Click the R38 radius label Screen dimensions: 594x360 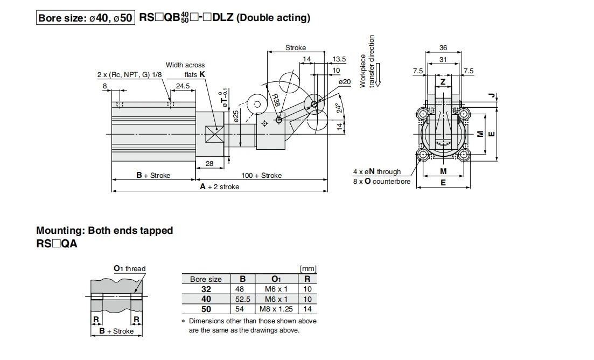[276, 100]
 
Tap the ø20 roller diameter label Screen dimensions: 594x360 [345, 82]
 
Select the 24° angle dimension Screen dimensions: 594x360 [340, 108]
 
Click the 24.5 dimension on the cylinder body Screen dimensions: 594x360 [183, 86]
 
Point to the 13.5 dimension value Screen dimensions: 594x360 [339, 59]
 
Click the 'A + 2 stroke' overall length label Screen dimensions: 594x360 [220, 186]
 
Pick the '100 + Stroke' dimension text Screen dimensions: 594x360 [261, 176]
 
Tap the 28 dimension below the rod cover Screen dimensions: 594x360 [209, 164]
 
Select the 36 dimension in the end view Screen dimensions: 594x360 [443, 48]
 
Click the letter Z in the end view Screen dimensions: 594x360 [443, 82]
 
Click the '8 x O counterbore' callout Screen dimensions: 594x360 [382, 182]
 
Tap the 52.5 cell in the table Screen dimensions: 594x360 [243, 299]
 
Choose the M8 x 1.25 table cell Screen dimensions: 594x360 [276, 309]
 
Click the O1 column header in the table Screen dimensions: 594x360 [276, 279]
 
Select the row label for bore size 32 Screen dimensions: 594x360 [206, 289]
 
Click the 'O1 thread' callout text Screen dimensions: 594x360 [130, 269]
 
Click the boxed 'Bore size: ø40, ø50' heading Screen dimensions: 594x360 [85, 18]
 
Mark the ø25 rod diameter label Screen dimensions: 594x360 [236, 116]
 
